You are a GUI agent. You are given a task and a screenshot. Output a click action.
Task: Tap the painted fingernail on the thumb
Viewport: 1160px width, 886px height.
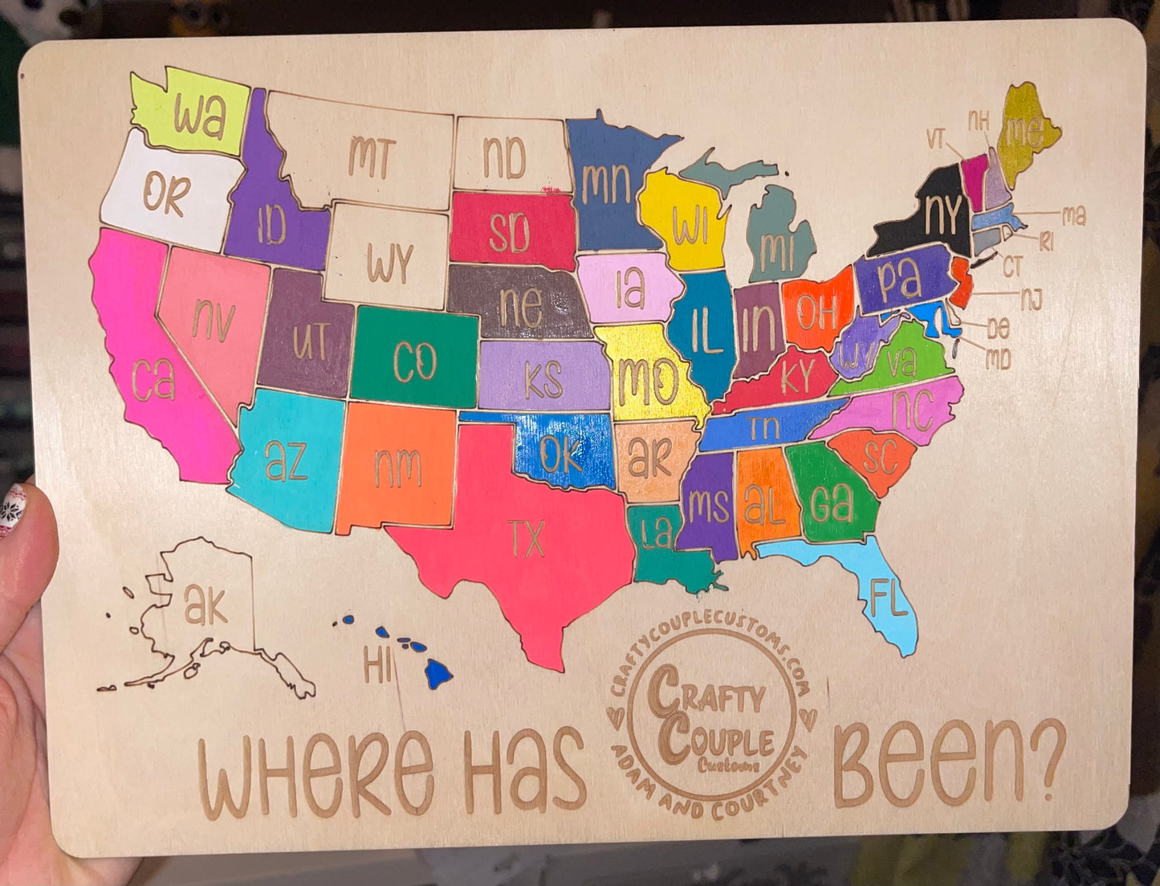13,511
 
